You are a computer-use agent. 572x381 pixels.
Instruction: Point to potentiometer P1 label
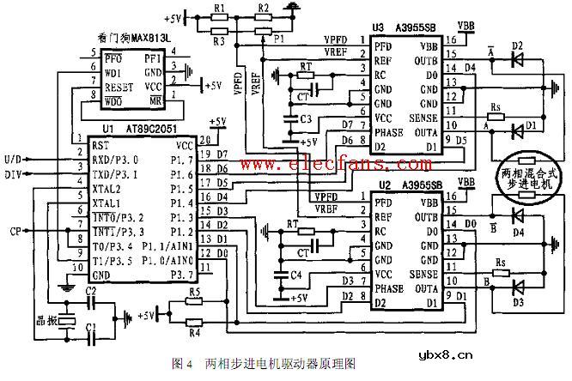coord(277,40)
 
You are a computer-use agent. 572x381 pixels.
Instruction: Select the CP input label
coord(15,230)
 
